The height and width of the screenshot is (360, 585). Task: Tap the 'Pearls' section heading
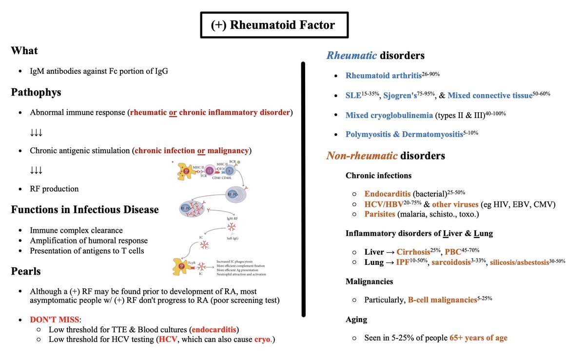(25, 271)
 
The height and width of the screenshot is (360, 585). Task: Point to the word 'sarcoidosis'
(454, 262)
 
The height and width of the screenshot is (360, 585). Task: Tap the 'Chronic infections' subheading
(378, 175)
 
